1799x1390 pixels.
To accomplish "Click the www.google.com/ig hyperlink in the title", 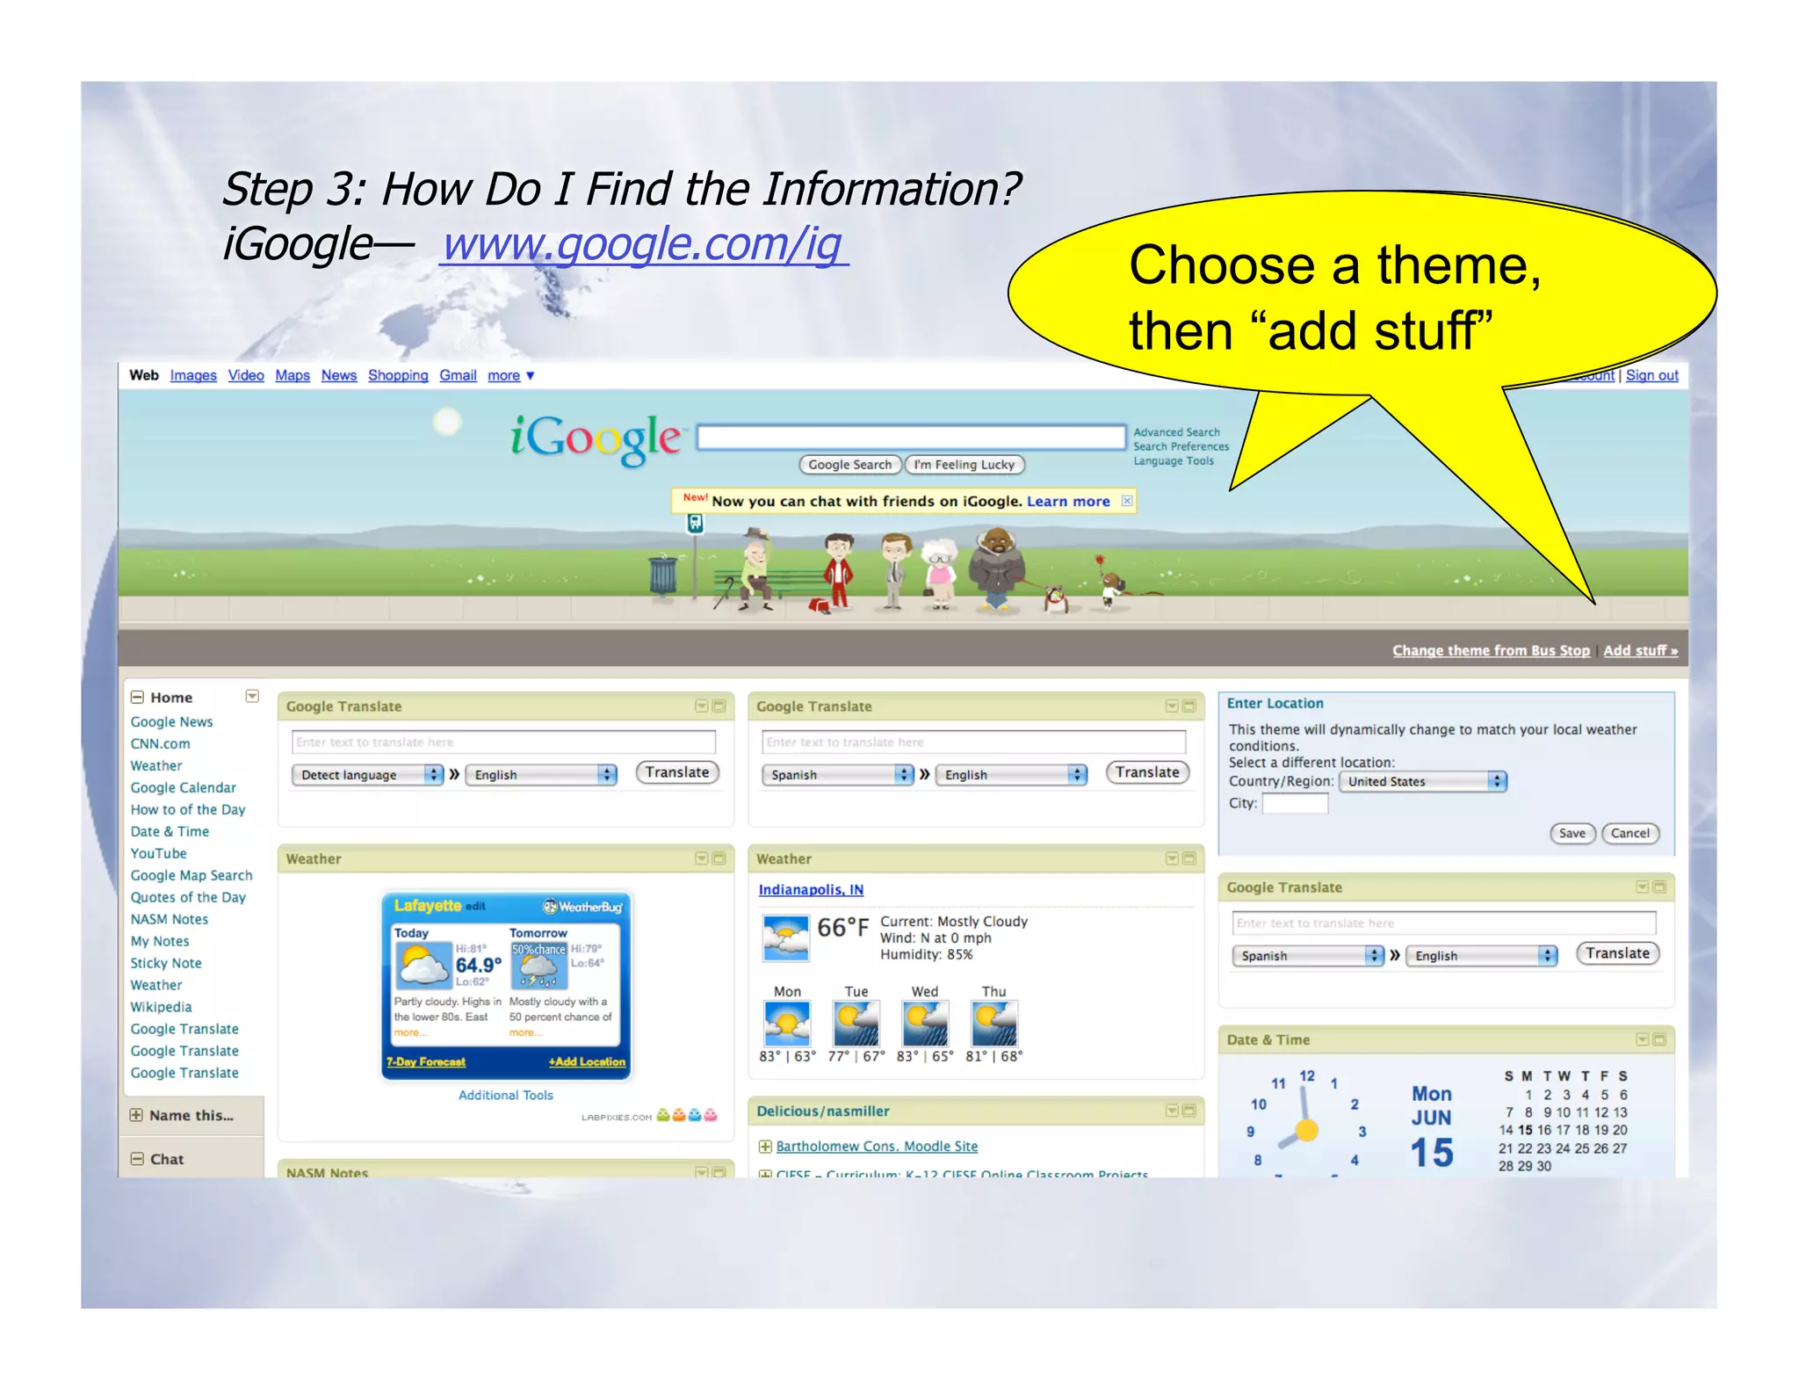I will point(644,243).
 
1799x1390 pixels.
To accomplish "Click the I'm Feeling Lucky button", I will point(964,465).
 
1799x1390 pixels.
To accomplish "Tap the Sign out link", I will point(1651,375).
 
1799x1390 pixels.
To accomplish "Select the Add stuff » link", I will point(1639,651).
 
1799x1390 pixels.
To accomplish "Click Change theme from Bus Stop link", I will point(1490,651).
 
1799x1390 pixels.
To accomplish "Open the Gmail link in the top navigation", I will point(458,375).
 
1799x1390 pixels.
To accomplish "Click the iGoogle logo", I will point(596,438).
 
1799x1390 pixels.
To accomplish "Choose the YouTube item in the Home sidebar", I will point(159,853).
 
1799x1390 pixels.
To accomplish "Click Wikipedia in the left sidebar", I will point(162,1007).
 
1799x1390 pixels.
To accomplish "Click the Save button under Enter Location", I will point(1571,833).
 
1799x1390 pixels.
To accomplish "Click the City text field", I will point(1295,803).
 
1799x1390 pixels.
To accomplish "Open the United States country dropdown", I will point(1422,781).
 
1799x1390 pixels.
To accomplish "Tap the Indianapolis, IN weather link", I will point(811,890).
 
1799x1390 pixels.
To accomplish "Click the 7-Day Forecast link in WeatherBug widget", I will point(426,1062).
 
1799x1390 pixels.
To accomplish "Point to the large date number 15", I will point(1431,1153).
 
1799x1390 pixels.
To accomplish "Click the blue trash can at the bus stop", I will point(663,576).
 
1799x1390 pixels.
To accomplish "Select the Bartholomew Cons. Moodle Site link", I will point(876,1147).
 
